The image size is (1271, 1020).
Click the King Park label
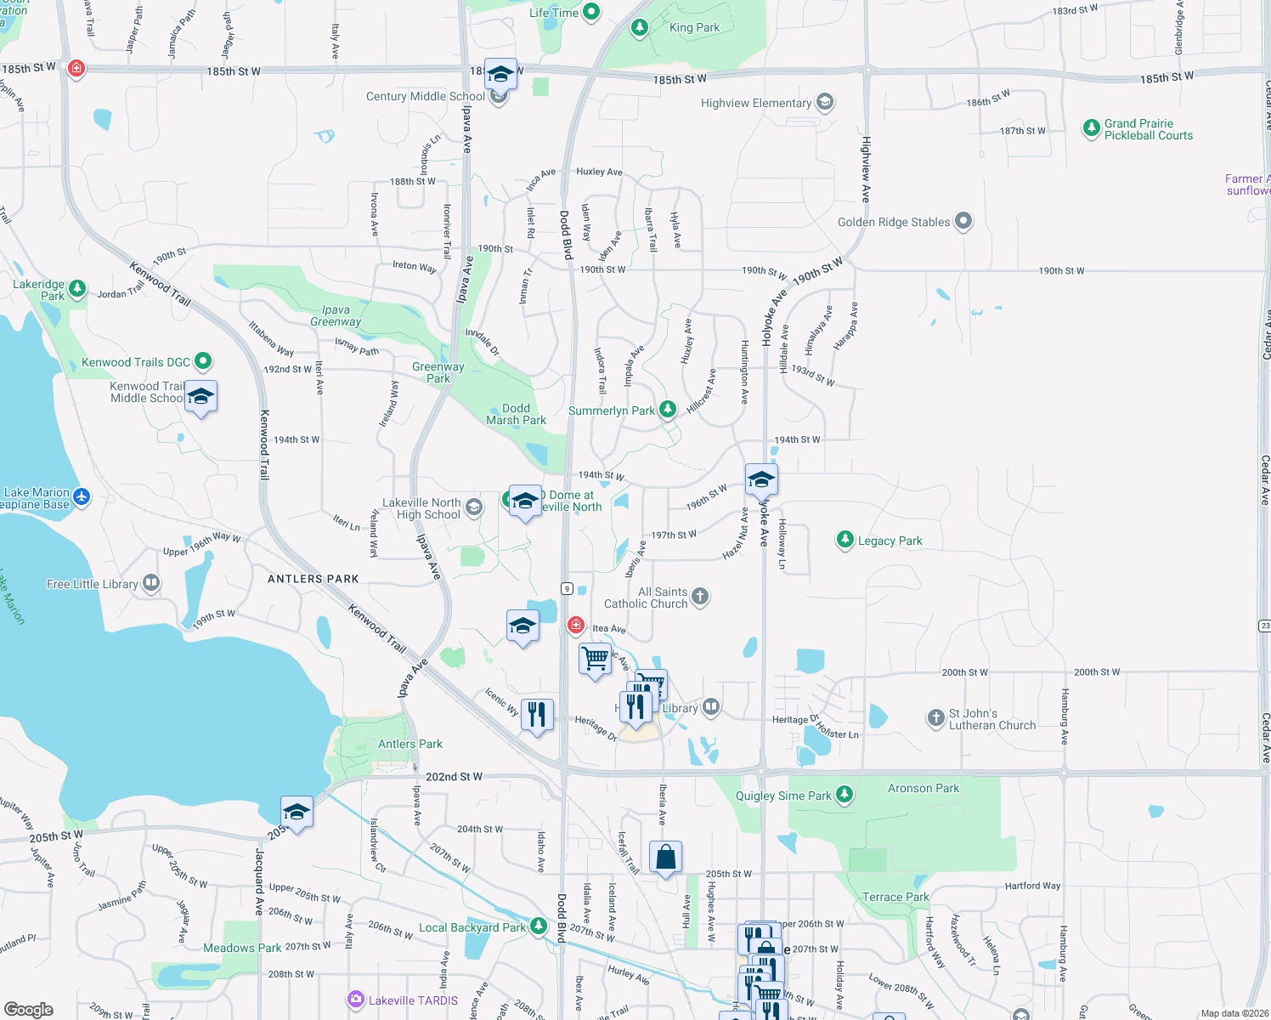pos(694,27)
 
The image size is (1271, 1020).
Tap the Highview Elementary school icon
pos(824,103)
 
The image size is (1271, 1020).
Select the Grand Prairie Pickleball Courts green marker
pos(1091,128)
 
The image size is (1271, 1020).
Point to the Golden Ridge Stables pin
pos(963,222)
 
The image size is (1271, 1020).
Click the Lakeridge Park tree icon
pos(76,289)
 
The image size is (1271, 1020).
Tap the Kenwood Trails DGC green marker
pos(203,361)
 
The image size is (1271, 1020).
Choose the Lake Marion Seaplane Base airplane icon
pos(82,496)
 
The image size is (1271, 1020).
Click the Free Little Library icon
pos(151,583)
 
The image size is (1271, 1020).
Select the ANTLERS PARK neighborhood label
pos(314,579)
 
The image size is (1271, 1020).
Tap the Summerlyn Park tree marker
pos(668,410)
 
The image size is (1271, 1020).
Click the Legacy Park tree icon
pos(845,540)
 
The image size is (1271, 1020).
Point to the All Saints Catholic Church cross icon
pos(700,597)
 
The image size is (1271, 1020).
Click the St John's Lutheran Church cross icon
pos(935,718)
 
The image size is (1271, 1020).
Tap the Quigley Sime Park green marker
pos(844,795)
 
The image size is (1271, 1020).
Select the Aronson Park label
pos(923,788)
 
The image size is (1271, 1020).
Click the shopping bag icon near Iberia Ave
pos(666,857)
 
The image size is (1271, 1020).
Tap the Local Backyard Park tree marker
pos(538,926)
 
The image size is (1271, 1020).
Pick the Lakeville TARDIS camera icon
pos(356,1000)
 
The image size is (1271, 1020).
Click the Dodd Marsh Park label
pos(516,414)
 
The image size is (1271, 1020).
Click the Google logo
pos(29,1009)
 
